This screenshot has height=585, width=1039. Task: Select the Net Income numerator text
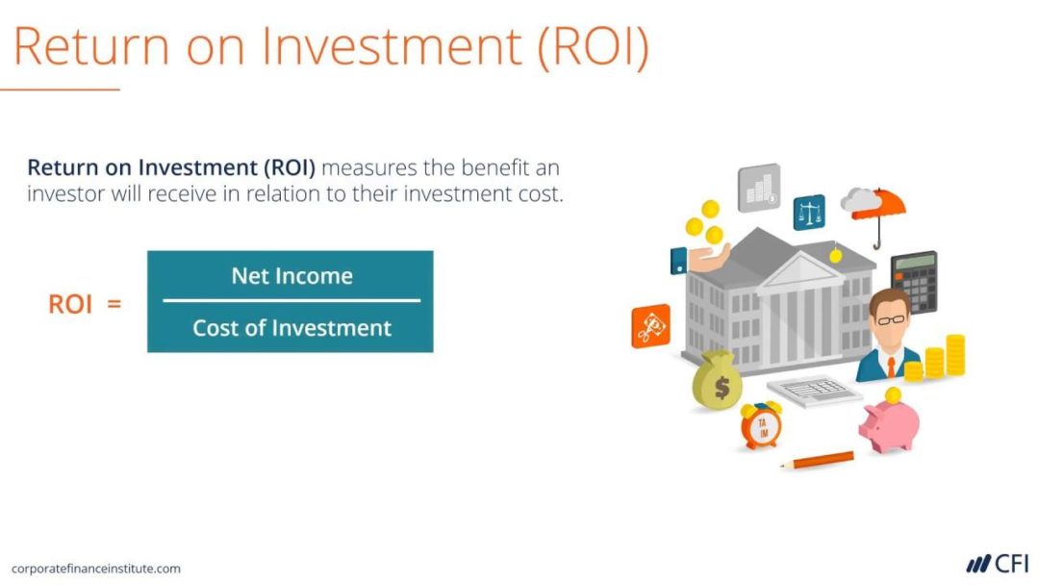click(x=291, y=276)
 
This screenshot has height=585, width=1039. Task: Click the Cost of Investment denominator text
click(x=291, y=328)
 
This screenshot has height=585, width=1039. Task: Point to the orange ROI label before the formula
click(x=70, y=305)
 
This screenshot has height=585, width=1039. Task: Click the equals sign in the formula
click(x=114, y=305)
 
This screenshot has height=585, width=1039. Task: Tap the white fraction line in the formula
click(x=291, y=301)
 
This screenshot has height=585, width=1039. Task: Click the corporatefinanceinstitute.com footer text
click(x=96, y=569)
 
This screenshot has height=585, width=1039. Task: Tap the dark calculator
click(x=913, y=281)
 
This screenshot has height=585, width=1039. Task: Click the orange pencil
click(x=817, y=460)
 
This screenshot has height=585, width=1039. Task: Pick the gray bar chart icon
click(x=759, y=187)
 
